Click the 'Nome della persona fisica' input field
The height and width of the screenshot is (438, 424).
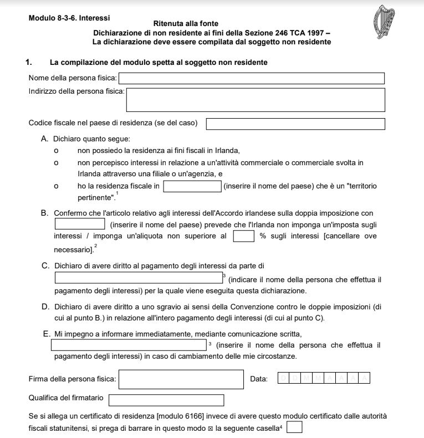click(x=252, y=78)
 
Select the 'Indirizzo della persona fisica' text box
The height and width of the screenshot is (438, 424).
click(x=256, y=100)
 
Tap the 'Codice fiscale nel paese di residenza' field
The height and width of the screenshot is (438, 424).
click(x=295, y=124)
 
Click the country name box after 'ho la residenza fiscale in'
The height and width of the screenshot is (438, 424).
click(x=192, y=186)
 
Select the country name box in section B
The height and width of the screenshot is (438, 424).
click(x=80, y=224)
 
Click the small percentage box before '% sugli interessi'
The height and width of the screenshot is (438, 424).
click(x=243, y=236)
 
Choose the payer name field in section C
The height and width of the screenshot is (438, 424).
click(x=138, y=278)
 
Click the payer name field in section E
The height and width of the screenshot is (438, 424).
click(x=129, y=345)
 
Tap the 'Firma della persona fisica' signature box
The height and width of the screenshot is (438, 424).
click(x=181, y=379)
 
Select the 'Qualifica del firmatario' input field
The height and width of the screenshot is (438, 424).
click(x=166, y=400)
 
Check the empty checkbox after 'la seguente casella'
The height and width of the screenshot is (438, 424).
click(x=294, y=427)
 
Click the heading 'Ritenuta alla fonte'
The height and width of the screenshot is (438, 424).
click(x=193, y=23)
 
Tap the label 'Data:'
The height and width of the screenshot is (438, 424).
click(x=259, y=379)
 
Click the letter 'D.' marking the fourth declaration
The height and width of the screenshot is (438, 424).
click(x=45, y=307)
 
